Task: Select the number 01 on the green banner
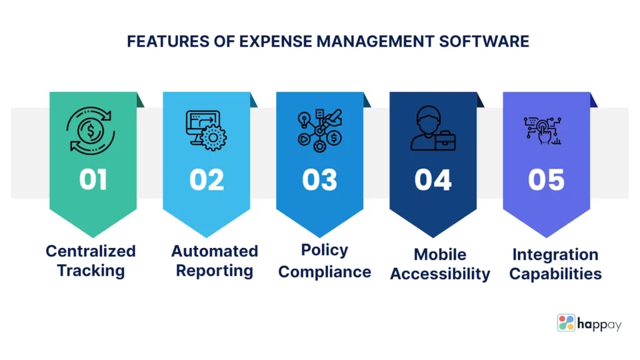pos(93,180)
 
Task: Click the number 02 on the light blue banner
pos(206,180)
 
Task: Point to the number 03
pos(319,180)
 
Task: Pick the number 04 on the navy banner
pos(433,180)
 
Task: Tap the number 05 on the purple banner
pos(546,180)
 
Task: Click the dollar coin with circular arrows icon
pos(91,131)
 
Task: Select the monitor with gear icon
pos(206,131)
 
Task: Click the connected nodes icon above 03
pos(319,131)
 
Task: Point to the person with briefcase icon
pos(433,129)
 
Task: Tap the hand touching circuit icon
pos(542,131)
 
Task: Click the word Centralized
pos(91,251)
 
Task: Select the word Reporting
pos(215,271)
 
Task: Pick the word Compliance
pos(325,272)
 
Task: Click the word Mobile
pos(440,254)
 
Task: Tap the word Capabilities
pos(556,274)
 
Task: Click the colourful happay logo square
pos(566,323)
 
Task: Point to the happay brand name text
pos(599,325)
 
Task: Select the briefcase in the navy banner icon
pos(445,141)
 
